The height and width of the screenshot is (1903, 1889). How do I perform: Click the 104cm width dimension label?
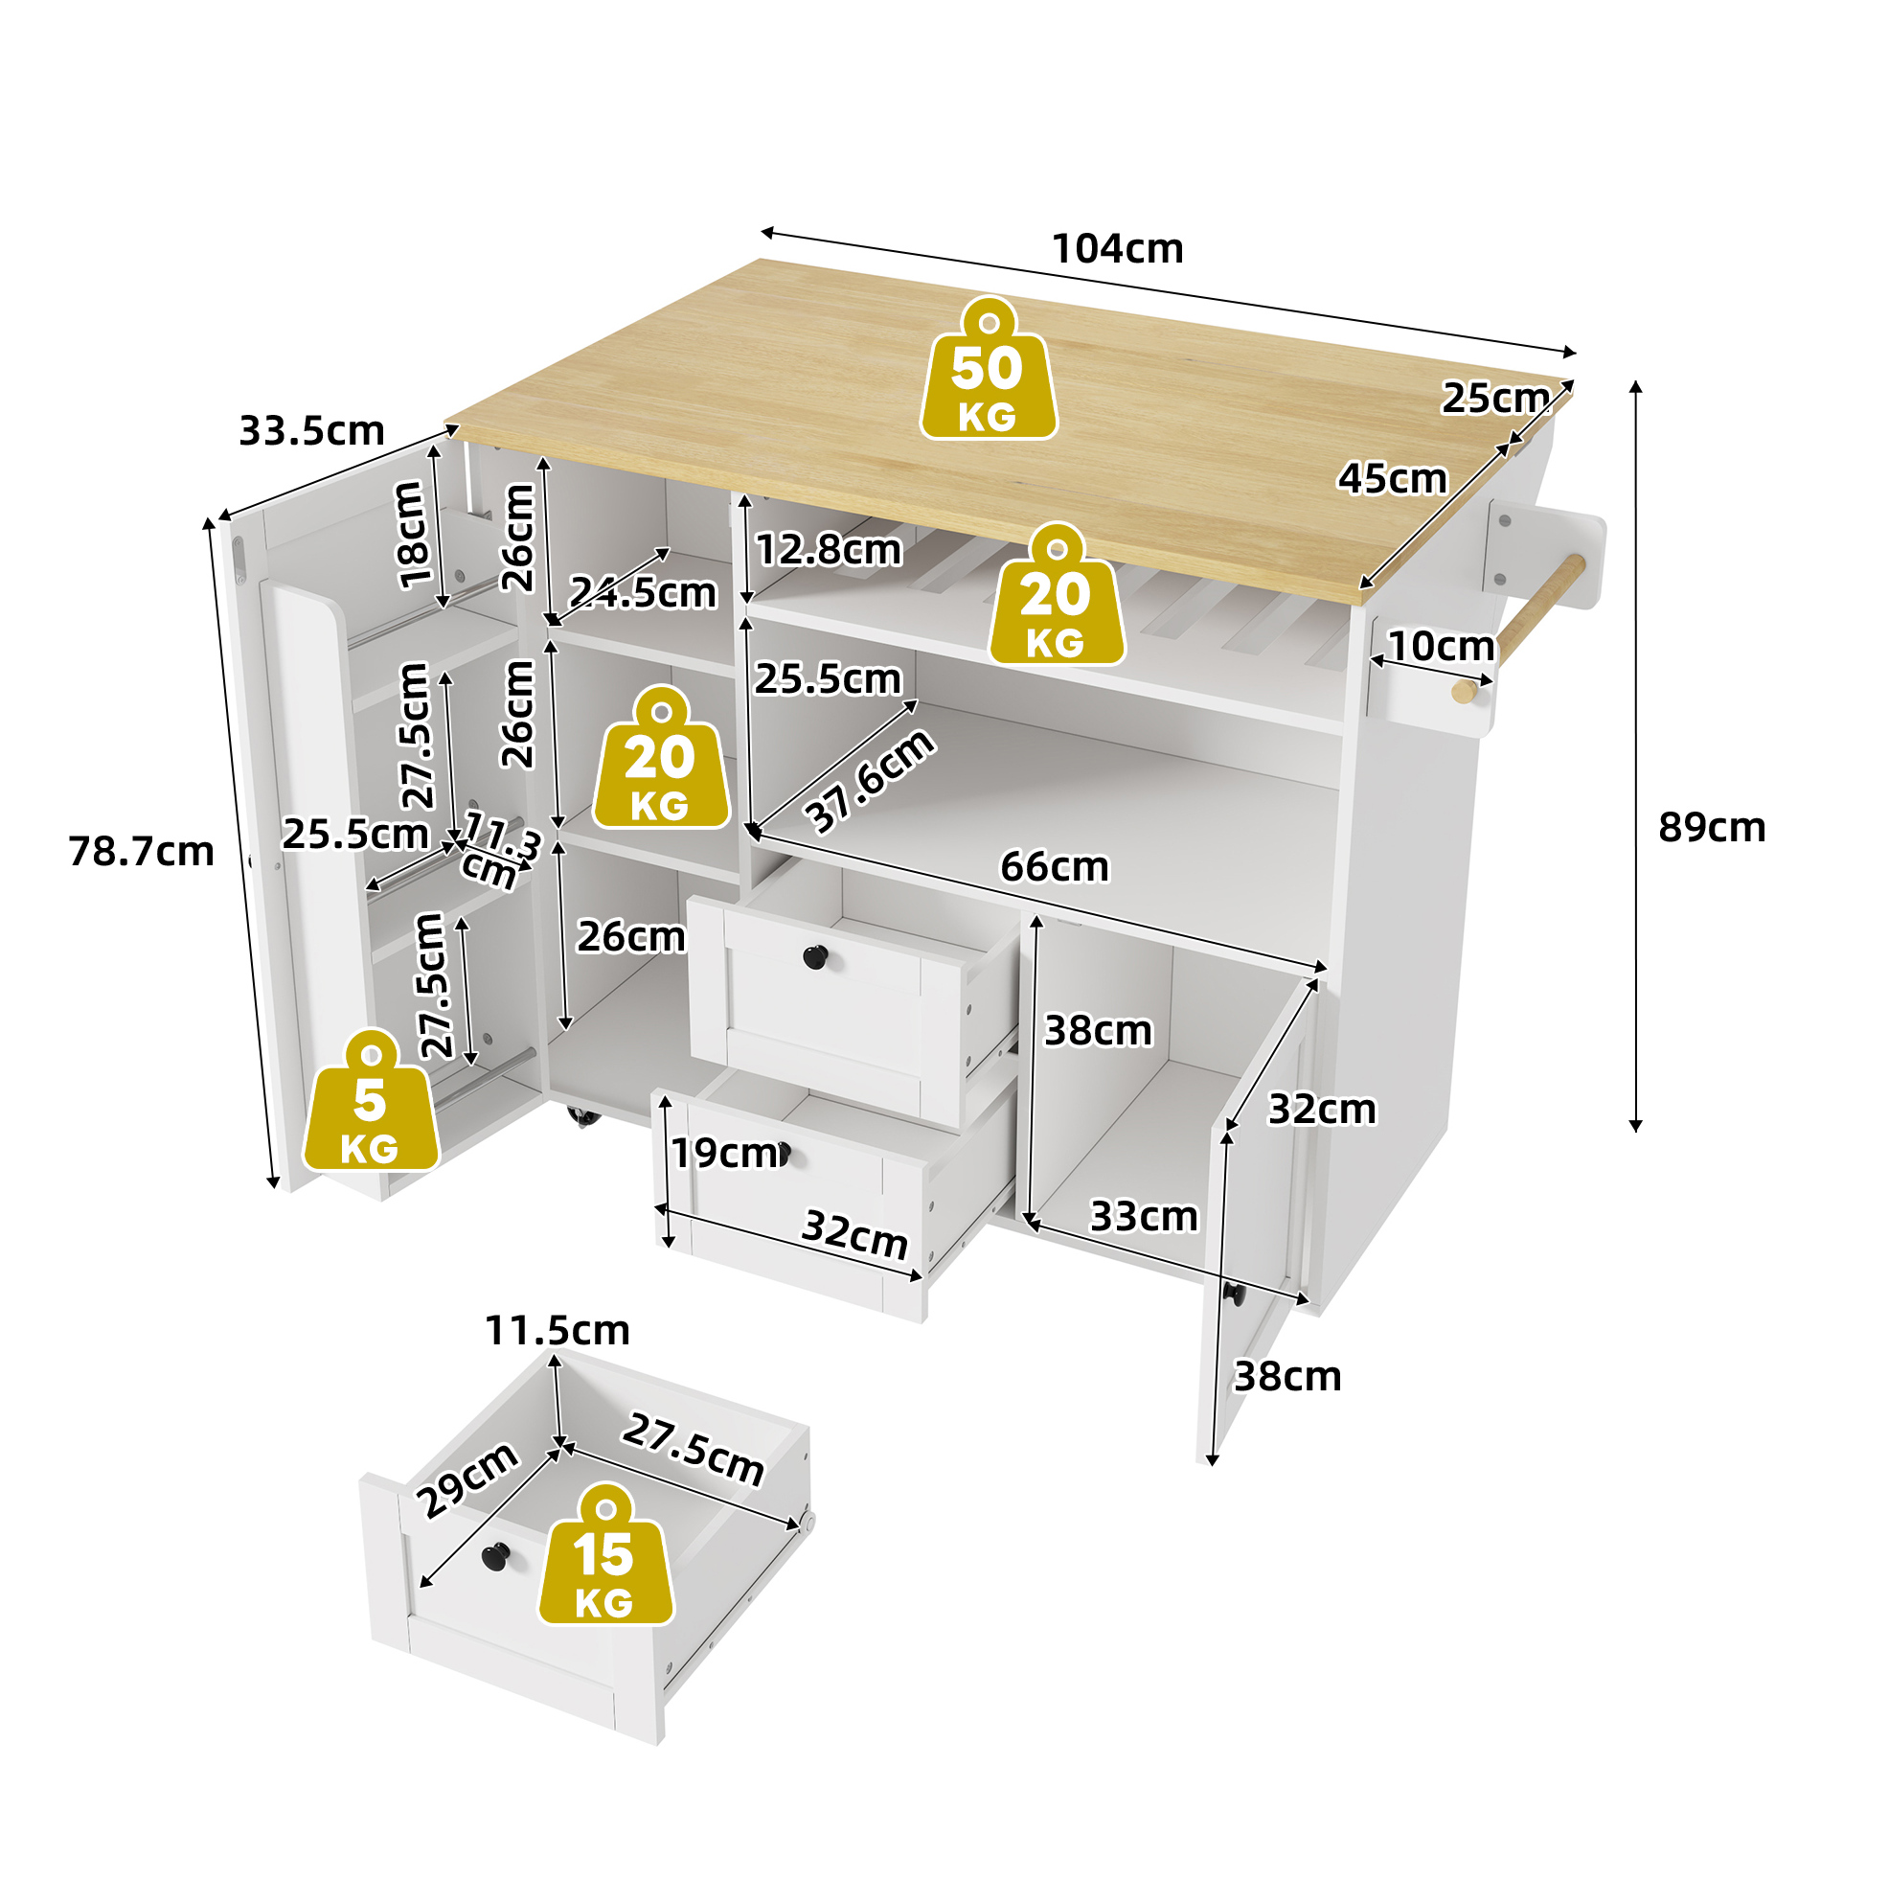1117,248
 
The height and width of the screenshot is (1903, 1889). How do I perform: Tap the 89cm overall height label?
1711,827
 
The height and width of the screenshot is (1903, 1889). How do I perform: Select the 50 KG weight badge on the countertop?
988,368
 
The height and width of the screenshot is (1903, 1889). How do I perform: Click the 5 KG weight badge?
371,1100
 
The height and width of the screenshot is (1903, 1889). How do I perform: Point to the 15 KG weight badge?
604,1555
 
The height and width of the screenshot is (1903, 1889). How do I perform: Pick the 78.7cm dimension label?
141,852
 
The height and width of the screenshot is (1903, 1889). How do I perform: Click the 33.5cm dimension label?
311,431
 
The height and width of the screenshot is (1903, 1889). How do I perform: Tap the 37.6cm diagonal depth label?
869,781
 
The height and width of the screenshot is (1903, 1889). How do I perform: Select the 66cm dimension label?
1054,867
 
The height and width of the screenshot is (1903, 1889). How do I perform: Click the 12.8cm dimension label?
829,550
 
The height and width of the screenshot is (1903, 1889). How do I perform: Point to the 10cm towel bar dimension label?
1440,646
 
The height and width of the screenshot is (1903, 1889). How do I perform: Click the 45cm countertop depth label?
1392,479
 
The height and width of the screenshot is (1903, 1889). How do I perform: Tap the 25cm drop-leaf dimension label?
1495,398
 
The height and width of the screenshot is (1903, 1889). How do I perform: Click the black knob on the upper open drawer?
815,955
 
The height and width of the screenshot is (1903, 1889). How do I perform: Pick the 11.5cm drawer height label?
557,1331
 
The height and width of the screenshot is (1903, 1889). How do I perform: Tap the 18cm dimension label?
412,535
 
